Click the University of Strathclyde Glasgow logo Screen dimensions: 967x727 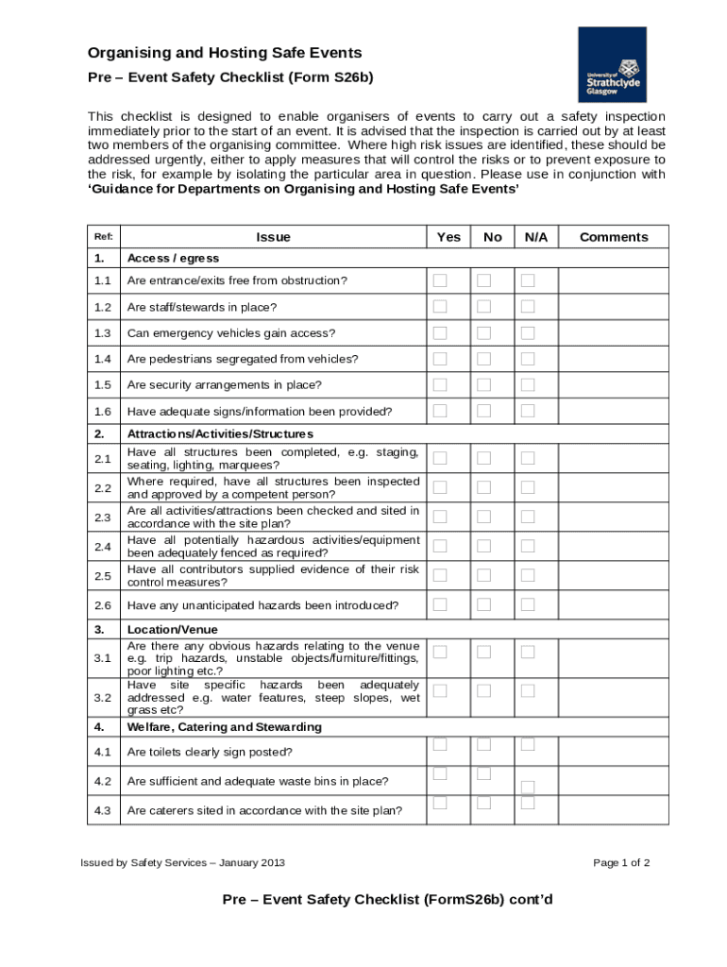click(x=612, y=64)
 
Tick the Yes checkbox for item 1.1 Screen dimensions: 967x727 click(x=440, y=280)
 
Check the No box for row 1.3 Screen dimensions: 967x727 click(x=483, y=332)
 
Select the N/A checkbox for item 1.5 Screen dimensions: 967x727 click(x=528, y=384)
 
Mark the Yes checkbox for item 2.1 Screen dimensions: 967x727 click(x=440, y=458)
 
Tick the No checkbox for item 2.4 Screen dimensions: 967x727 click(x=483, y=546)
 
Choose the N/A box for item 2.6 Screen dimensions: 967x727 click(x=528, y=604)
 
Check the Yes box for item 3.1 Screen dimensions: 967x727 click(x=440, y=652)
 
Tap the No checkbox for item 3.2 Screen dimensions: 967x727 click(x=483, y=690)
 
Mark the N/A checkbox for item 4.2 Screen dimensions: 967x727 click(x=528, y=787)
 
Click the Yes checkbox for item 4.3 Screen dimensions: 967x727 click(x=440, y=803)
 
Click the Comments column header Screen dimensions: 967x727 click(x=614, y=237)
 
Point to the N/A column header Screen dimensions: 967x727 click(x=536, y=237)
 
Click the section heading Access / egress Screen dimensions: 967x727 click(x=173, y=258)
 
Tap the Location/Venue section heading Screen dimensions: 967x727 click(x=172, y=629)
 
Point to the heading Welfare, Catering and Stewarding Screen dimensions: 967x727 click(x=224, y=727)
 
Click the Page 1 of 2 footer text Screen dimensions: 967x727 click(x=621, y=862)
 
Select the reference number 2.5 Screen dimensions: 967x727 click(x=103, y=576)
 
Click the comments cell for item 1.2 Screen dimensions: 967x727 click(x=614, y=307)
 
